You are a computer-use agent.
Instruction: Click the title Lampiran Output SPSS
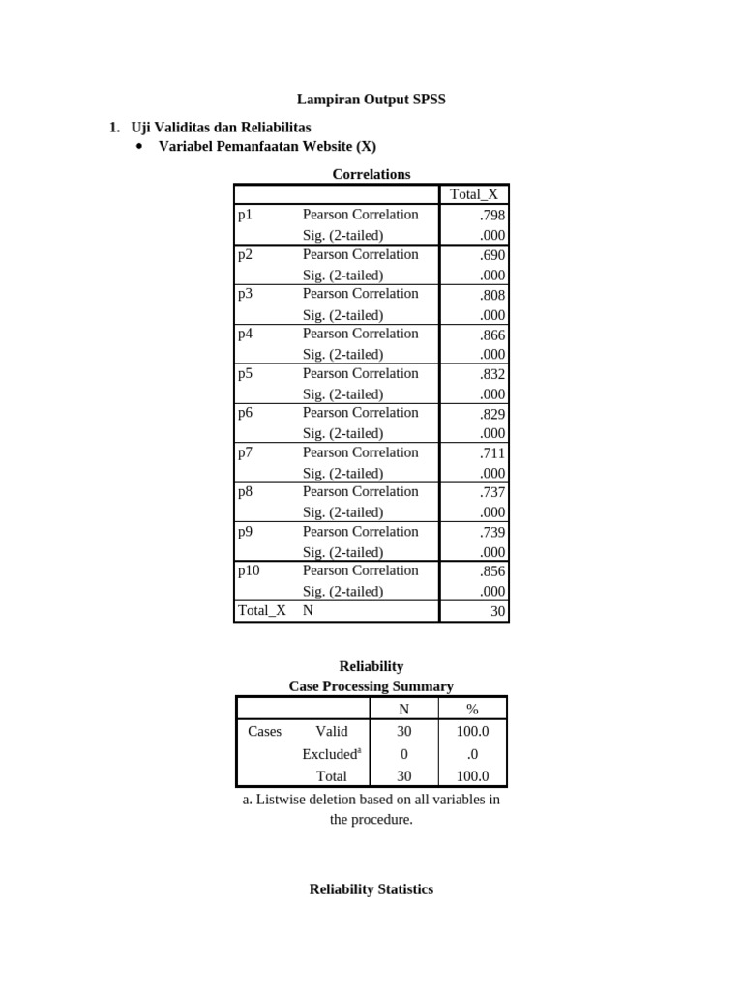point(371,99)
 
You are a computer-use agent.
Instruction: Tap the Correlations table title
point(371,174)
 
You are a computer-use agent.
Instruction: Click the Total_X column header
point(473,194)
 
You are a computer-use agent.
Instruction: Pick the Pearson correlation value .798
point(491,215)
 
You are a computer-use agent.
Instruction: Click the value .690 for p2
point(491,254)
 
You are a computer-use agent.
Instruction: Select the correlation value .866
point(491,334)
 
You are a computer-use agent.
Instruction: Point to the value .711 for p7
point(491,452)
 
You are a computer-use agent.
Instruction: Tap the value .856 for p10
point(491,570)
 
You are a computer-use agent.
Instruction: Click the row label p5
point(246,373)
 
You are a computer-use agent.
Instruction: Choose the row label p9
point(246,531)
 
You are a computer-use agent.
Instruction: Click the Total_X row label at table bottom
point(261,611)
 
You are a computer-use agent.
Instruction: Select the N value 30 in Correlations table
point(497,611)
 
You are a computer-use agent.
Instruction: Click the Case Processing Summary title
point(371,685)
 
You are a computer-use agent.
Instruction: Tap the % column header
point(472,709)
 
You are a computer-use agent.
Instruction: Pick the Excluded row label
point(331,754)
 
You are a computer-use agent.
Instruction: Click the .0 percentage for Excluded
point(472,754)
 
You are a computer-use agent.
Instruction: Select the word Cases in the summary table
point(264,731)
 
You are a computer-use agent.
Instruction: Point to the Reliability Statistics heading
point(371,888)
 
